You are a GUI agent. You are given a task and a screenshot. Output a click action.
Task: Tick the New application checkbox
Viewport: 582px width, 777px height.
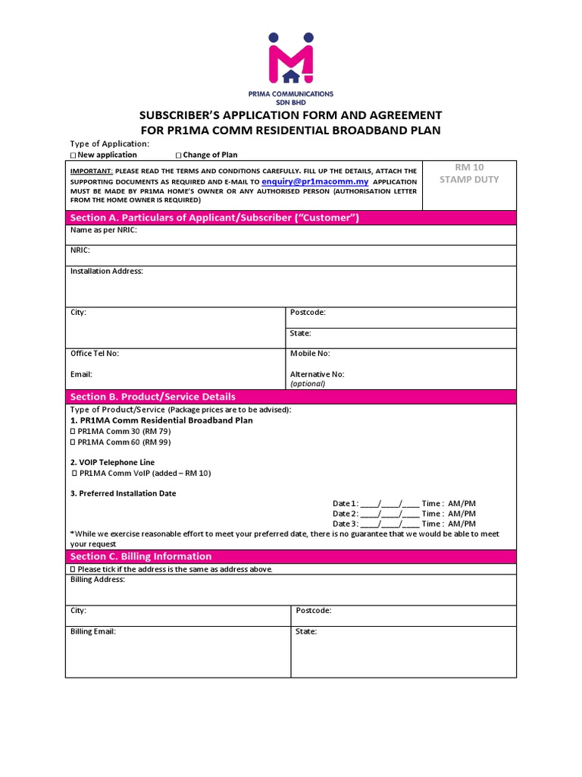tap(74, 156)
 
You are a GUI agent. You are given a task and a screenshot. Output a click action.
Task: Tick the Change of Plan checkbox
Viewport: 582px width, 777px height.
tap(179, 156)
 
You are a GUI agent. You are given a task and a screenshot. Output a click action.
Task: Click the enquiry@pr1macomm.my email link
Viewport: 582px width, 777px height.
tap(314, 182)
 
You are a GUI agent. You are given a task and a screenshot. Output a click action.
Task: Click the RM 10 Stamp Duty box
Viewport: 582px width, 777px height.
tap(469, 185)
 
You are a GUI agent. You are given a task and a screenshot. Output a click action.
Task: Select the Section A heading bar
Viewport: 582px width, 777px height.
tap(291, 218)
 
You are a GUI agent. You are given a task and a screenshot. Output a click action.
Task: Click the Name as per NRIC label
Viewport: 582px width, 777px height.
tap(104, 231)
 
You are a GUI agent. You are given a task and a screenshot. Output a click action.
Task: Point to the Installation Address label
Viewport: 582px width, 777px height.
tap(106, 271)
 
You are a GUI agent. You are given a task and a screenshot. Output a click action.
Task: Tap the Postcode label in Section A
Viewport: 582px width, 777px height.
tap(308, 313)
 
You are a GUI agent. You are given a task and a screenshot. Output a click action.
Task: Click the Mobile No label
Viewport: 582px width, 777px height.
tap(310, 354)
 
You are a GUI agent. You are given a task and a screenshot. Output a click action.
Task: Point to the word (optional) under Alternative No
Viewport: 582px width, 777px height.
tap(308, 384)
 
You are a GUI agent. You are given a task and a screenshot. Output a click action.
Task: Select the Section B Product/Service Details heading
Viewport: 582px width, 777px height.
tap(291, 397)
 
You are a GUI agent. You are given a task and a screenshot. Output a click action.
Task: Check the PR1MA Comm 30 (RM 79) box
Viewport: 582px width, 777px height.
tap(74, 431)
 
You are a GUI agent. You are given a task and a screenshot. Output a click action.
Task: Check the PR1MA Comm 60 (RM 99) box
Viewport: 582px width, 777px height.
tap(74, 442)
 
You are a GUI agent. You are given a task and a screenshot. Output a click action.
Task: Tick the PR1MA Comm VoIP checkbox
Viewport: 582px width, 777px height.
tap(74, 473)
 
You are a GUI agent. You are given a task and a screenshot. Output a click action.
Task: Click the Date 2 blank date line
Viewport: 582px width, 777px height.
tap(390, 514)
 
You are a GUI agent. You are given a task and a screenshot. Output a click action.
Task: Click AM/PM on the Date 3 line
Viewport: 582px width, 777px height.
tap(462, 524)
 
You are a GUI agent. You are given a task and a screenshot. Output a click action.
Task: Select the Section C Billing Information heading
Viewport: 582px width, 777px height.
tap(291, 556)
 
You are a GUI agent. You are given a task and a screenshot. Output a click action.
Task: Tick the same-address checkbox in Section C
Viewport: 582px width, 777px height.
tap(74, 569)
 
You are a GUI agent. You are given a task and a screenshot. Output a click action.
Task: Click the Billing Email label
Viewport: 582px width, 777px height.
tap(93, 631)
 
